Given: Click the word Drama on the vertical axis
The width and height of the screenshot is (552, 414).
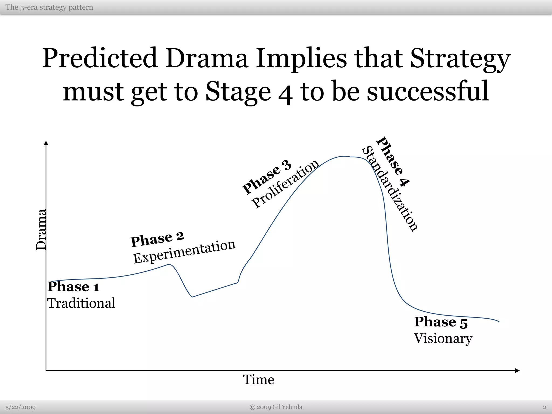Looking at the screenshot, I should pos(41,230).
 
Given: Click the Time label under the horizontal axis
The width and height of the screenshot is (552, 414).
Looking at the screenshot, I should pos(258,380).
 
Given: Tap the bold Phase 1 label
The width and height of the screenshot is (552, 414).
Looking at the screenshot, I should pos(73,287).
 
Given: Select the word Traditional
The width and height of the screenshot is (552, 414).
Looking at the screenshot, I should pos(81,303).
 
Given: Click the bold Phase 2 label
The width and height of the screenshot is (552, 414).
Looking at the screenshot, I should pos(157,239).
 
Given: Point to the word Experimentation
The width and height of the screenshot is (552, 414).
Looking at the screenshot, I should pos(184,251).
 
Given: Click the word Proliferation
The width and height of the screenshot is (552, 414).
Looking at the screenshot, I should pos(285,183).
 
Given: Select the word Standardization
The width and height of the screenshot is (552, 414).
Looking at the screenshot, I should pos(390,188).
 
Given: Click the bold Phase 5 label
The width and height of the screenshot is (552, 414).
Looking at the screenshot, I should pos(441,322).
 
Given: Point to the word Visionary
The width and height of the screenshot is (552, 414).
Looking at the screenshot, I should pos(443,339).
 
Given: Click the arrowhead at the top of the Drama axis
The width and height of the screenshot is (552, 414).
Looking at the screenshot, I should pos(46,143).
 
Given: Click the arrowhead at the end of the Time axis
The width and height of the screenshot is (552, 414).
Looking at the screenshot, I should pos(517,371).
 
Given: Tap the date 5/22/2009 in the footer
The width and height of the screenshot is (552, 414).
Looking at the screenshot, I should pos(20,407).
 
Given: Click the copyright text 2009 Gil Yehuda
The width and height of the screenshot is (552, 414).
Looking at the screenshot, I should pos(276,407).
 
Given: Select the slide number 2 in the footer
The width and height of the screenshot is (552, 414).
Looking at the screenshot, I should pos(544,407).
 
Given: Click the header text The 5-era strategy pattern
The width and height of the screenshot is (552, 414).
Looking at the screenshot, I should pos(49,7).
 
